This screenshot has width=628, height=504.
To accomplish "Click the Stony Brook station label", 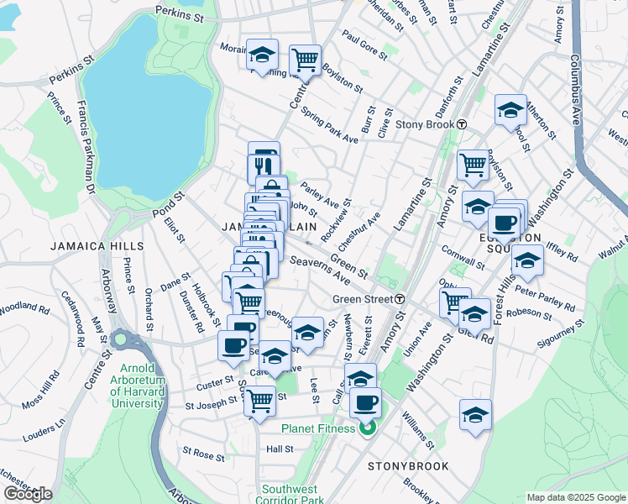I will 424,124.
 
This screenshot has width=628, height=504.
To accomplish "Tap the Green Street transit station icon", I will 401,299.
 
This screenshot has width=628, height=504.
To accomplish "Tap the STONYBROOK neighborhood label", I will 408,465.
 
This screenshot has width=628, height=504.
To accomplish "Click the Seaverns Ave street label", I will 319,267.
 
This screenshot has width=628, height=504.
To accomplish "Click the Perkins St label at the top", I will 180,15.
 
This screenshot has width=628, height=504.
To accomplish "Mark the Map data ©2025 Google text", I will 575,496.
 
